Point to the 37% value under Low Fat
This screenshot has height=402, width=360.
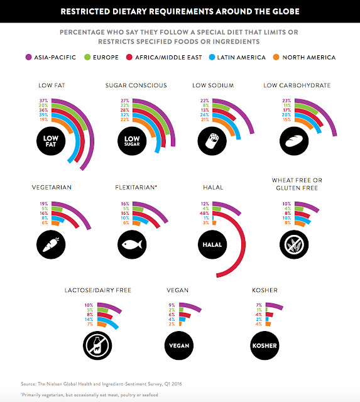(x=43, y=100)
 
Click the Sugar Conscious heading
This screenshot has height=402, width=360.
(x=136, y=85)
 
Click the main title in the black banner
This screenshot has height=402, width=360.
(x=180, y=11)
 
